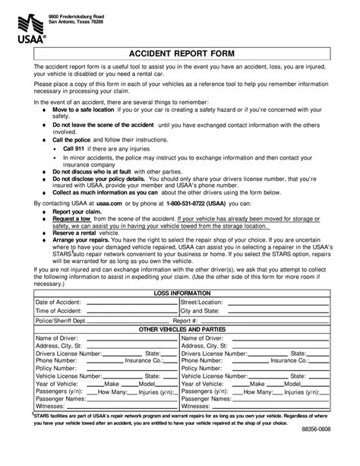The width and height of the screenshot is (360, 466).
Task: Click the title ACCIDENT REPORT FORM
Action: click(x=179, y=53)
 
